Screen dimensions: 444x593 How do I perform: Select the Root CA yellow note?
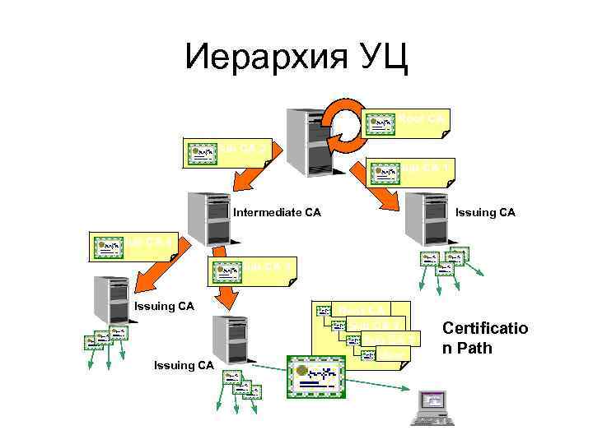click(x=407, y=122)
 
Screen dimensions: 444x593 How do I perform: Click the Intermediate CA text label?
click(x=277, y=213)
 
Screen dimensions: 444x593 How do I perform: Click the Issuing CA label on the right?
click(x=485, y=213)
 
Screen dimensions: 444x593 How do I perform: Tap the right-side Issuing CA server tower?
click(x=425, y=217)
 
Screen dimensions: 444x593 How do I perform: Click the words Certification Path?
click(x=485, y=338)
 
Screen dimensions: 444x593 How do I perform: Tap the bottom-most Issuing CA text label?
click(x=184, y=365)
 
